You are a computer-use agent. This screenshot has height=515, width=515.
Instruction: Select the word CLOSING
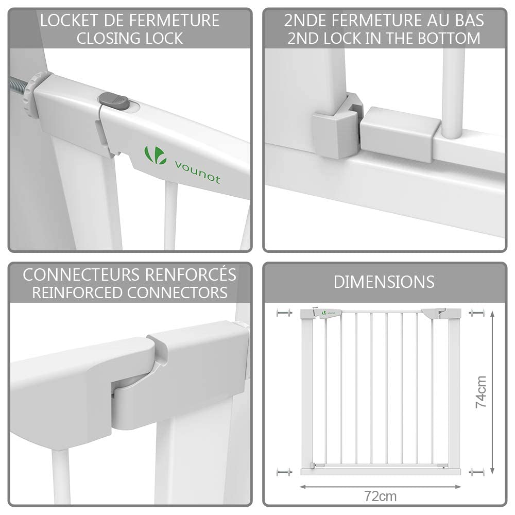pyautogui.click(x=108, y=39)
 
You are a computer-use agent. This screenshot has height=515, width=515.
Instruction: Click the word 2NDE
pyautogui.click(x=305, y=21)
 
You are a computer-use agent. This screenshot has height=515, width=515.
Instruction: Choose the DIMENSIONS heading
pyautogui.click(x=384, y=282)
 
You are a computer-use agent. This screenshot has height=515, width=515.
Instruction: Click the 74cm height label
pyautogui.click(x=480, y=392)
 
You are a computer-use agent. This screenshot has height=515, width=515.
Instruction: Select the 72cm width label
pyautogui.click(x=381, y=496)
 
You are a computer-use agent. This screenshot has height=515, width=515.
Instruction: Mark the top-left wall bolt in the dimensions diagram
pyautogui.click(x=284, y=313)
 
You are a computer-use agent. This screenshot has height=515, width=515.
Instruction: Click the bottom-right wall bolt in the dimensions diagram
pyautogui.click(x=477, y=472)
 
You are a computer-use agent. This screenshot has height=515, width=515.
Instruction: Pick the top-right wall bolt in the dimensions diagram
pyautogui.click(x=477, y=313)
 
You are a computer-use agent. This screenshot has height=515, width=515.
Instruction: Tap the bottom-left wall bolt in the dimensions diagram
pyautogui.click(x=284, y=472)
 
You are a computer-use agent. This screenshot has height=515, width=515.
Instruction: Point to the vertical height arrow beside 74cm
pyautogui.click(x=492, y=392)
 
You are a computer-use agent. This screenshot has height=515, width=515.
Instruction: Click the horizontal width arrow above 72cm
pyautogui.click(x=381, y=487)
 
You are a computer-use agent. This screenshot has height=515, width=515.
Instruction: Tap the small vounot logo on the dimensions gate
pyautogui.click(x=329, y=313)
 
